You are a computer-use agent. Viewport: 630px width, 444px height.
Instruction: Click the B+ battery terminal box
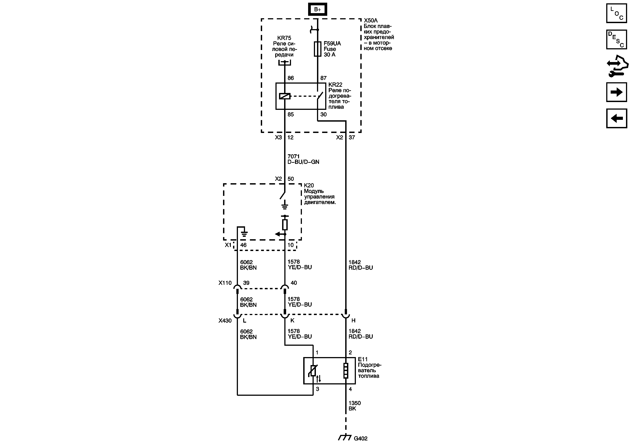[x=317, y=10]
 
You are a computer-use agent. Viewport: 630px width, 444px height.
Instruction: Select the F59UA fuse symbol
[x=317, y=49]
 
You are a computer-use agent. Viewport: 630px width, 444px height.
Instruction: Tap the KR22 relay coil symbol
[x=285, y=96]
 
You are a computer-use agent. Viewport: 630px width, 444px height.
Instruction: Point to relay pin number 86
[x=291, y=78]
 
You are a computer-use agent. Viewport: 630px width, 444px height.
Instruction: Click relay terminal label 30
[x=323, y=115]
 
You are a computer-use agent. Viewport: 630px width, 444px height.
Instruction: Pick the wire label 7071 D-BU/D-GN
[x=303, y=159]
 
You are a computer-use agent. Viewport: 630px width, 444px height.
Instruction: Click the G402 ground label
[x=361, y=438]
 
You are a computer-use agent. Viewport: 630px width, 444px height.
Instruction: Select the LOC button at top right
[x=616, y=13]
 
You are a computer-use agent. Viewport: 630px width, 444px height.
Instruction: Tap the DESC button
[x=616, y=40]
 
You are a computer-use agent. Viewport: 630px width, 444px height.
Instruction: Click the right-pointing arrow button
[x=616, y=92]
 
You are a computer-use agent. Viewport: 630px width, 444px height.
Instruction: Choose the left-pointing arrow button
[x=616, y=118]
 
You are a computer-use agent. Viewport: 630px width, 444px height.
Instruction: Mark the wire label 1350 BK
[x=355, y=406]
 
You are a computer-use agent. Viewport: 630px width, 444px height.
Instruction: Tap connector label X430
[x=225, y=321]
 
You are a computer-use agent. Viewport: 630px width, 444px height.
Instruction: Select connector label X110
[x=225, y=283]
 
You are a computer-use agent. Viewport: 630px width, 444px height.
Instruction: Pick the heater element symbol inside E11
[x=346, y=371]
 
